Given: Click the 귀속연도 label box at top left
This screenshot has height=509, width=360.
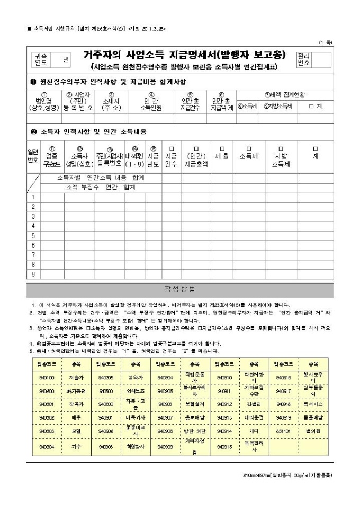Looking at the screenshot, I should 40,59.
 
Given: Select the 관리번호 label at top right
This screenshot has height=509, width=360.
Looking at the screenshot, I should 304,59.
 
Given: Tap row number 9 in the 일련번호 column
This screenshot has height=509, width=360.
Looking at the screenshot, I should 33,274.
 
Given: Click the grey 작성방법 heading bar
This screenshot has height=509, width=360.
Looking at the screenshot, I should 180,289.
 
